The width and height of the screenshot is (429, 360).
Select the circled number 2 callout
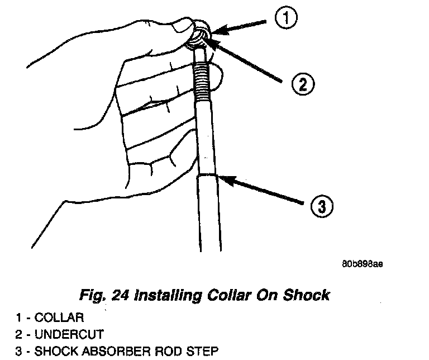[302, 84]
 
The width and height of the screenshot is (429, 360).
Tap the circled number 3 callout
[320, 207]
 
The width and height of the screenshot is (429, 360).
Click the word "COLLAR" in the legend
[59, 319]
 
